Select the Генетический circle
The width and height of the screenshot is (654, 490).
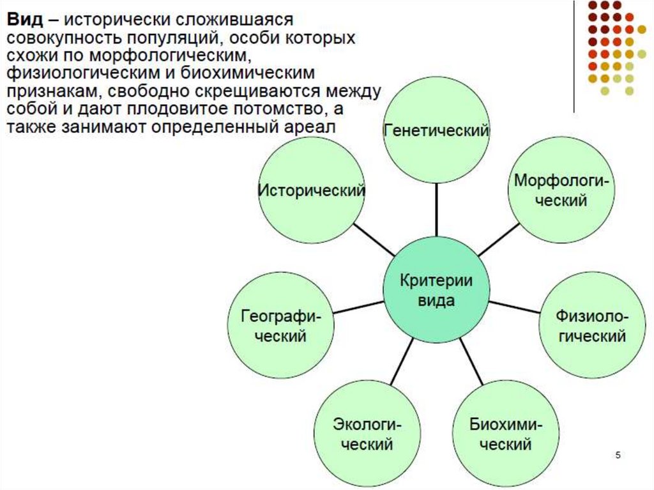tap(436, 131)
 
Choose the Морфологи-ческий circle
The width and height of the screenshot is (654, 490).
tap(560, 190)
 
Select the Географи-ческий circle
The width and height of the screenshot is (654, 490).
tap(281, 326)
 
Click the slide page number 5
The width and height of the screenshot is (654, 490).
tap(618, 455)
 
